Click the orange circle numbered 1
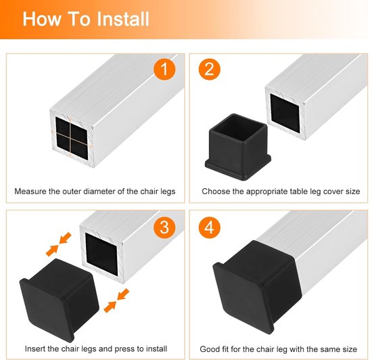[164, 70]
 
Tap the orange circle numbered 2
[209, 70]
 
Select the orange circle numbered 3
[164, 227]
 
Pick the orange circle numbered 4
[209, 227]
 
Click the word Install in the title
[123, 19]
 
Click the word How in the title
[42, 19]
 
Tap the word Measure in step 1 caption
[30, 192]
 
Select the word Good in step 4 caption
[208, 349]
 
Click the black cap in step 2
[238, 146]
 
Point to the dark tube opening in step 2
[285, 113]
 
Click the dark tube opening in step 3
[101, 254]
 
